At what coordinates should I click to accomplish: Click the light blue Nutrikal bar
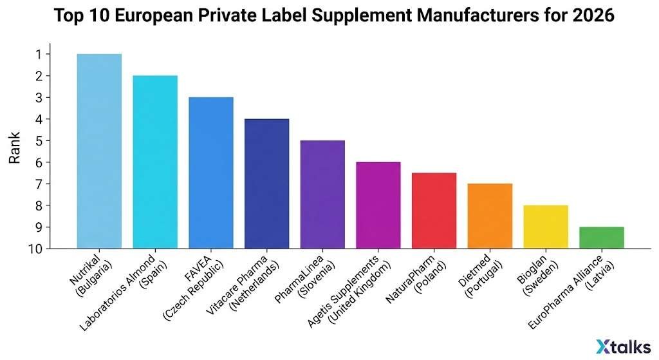click(99, 151)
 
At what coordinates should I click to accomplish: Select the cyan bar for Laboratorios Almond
click(155, 162)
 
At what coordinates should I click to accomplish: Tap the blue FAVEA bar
click(211, 173)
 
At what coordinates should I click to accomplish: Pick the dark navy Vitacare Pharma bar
click(266, 184)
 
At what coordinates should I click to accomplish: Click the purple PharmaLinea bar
click(322, 194)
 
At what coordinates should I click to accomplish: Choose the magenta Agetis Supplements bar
click(378, 205)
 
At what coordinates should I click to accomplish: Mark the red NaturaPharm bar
click(434, 211)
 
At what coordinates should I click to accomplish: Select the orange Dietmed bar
click(490, 216)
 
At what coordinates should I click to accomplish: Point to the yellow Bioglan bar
click(546, 227)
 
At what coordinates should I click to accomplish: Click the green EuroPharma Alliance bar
click(601, 238)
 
